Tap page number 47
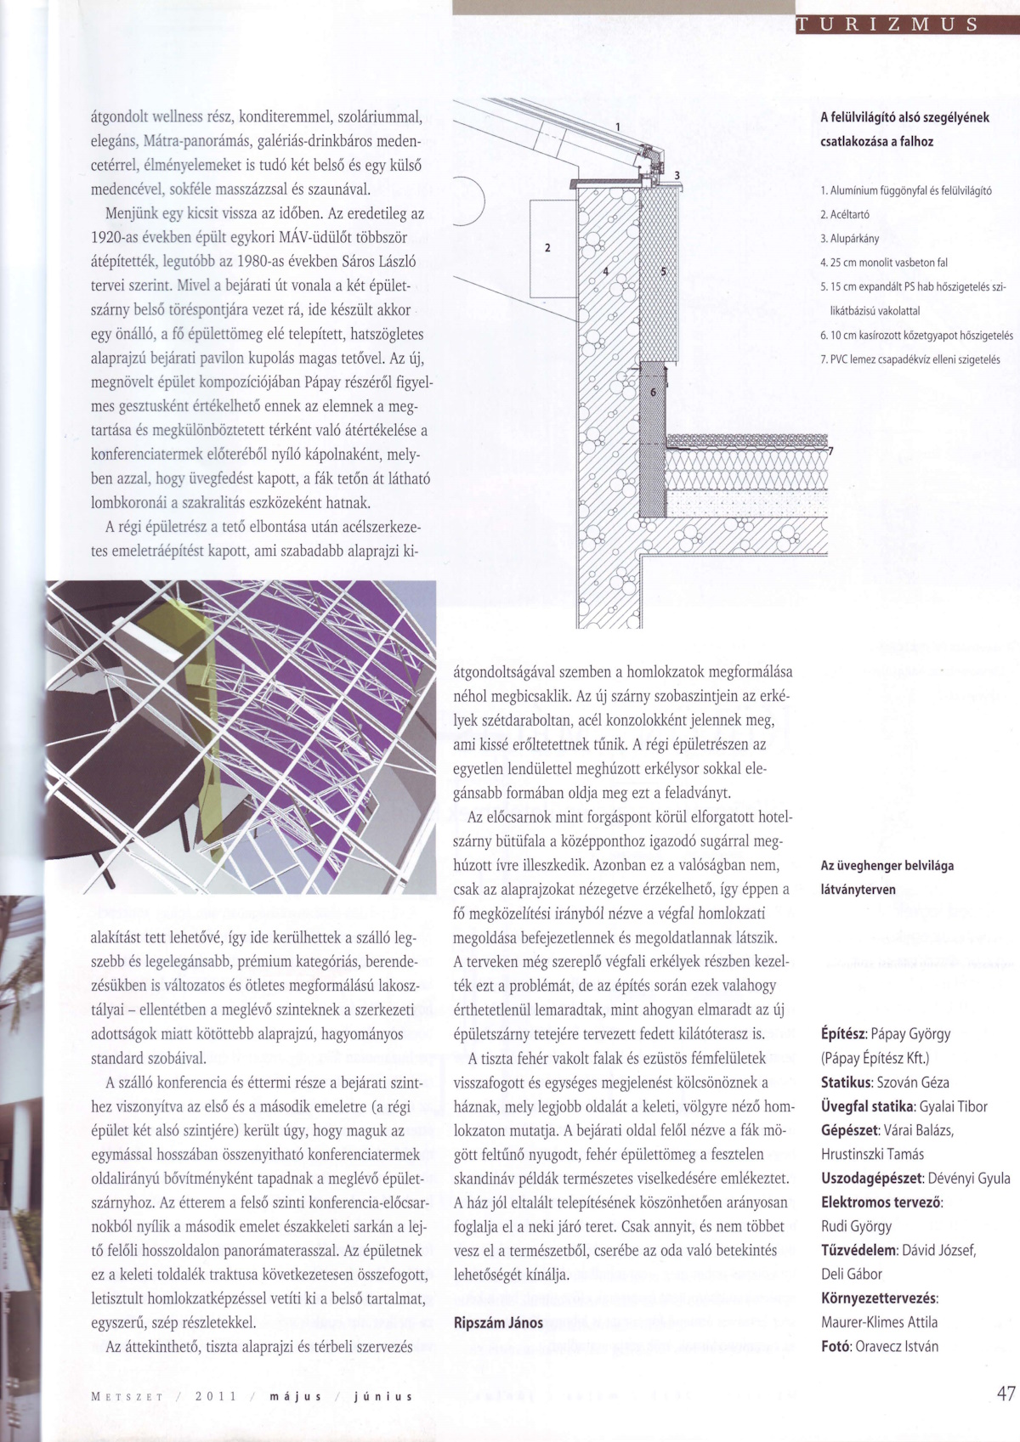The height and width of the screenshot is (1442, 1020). (x=1006, y=1394)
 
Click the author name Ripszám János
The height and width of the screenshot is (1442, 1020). (x=498, y=1322)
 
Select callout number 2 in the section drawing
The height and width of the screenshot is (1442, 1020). (x=547, y=248)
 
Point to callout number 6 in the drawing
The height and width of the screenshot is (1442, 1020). (x=653, y=393)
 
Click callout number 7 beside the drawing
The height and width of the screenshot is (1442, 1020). (x=831, y=451)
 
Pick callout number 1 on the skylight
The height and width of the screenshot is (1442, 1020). (x=618, y=127)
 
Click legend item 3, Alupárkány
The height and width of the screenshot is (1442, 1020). (x=850, y=239)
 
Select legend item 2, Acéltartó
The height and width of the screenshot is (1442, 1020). (x=845, y=214)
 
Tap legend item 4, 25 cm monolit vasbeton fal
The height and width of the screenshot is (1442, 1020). (x=884, y=263)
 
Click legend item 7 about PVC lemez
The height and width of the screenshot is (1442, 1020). (x=909, y=359)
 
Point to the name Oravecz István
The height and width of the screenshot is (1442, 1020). (x=897, y=1346)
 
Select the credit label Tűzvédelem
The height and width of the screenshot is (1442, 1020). (x=858, y=1250)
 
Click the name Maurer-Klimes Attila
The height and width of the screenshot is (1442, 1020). (x=879, y=1322)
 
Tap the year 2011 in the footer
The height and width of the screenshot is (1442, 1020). (x=212, y=1396)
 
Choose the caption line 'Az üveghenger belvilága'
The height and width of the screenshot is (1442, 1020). (x=887, y=866)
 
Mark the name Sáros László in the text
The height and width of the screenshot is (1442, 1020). (x=378, y=261)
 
